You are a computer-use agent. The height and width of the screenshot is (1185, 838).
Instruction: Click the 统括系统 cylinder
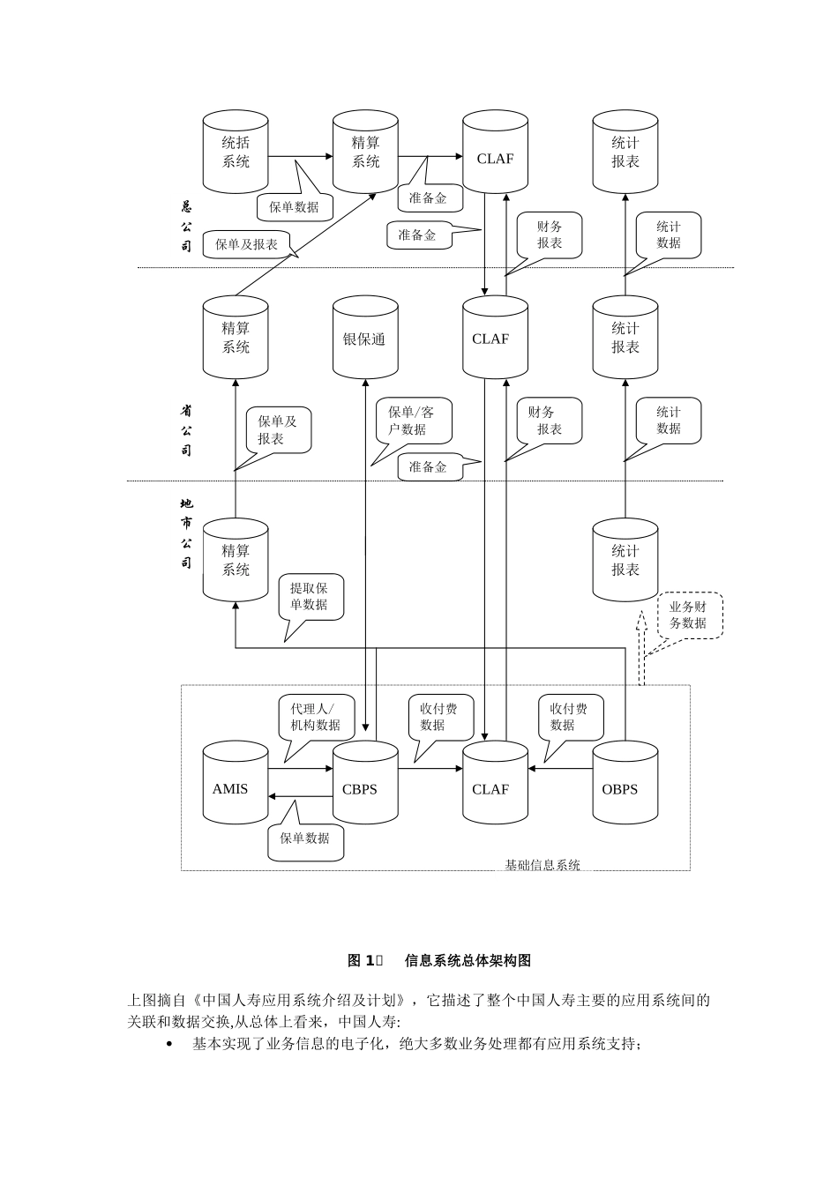(236, 152)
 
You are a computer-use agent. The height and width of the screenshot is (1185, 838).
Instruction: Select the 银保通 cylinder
(365, 339)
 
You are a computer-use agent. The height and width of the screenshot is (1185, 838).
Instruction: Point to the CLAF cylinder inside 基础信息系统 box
(495, 784)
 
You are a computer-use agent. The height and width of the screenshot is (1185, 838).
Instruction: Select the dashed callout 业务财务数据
(688, 615)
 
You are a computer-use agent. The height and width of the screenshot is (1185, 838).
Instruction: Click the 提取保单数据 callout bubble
(310, 597)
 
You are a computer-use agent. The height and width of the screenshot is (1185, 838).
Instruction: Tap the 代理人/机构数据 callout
(317, 717)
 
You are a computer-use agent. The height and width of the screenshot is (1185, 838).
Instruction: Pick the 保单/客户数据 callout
(412, 421)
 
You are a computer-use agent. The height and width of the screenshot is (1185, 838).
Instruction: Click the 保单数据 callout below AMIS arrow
(305, 838)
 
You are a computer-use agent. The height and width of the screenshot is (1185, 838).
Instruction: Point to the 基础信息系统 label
(542, 865)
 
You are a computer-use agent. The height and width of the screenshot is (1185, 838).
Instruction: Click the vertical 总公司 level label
(186, 227)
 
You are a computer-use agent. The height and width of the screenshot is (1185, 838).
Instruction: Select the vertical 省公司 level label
(186, 430)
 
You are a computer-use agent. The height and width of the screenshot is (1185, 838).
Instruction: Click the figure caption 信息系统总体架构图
(468, 960)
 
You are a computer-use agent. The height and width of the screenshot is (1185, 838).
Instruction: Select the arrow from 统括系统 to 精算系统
(300, 157)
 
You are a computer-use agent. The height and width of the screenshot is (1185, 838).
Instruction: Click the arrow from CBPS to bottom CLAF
(430, 769)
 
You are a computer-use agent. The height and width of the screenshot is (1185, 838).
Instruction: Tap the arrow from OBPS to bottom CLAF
(560, 769)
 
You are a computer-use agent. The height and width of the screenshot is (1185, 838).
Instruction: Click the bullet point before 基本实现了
(170, 1044)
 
